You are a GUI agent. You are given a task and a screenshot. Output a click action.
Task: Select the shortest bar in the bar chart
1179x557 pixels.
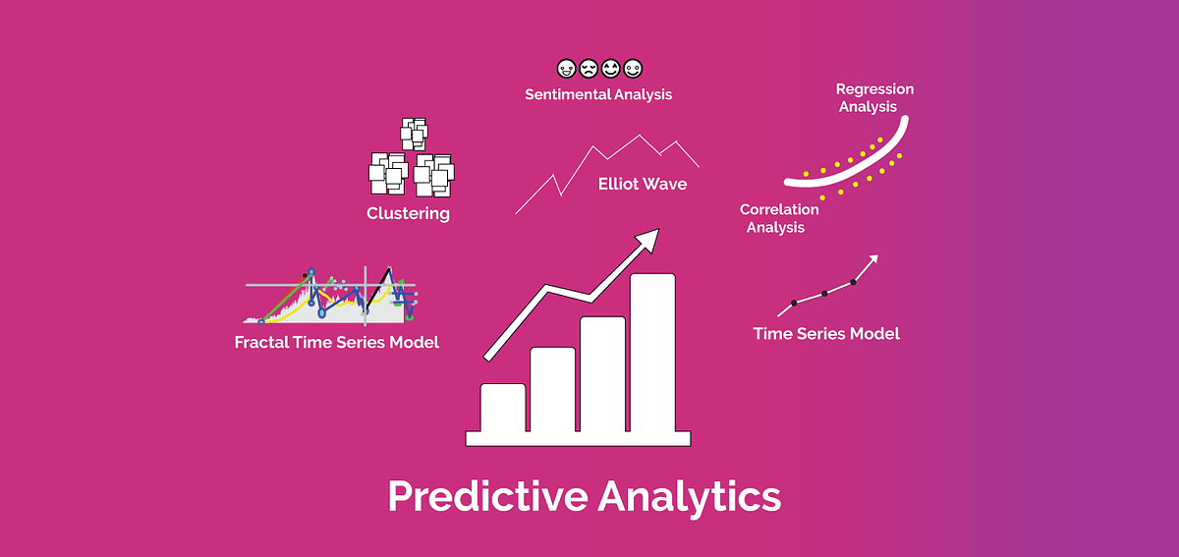click(x=502, y=407)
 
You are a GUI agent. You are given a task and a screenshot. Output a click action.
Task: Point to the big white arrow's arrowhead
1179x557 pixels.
click(x=647, y=238)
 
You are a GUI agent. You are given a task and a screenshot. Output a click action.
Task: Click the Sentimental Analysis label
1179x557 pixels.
click(x=598, y=95)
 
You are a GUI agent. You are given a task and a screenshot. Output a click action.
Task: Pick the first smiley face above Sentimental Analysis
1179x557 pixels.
click(x=565, y=69)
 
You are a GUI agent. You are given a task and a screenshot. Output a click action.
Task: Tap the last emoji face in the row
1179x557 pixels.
click(x=633, y=69)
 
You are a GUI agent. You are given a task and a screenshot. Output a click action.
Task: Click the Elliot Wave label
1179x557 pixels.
click(x=642, y=184)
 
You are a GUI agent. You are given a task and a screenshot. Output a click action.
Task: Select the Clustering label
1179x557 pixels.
click(x=408, y=213)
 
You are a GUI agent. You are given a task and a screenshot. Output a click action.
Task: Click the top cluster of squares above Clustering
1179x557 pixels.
click(x=414, y=134)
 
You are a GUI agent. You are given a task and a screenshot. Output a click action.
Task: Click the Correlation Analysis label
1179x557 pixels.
click(x=778, y=218)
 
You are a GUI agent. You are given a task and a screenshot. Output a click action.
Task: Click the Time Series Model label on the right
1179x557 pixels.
click(x=826, y=334)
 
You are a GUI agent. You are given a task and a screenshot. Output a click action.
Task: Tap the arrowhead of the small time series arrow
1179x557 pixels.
click(x=871, y=259)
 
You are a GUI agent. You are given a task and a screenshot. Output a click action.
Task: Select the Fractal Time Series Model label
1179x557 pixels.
click(x=337, y=343)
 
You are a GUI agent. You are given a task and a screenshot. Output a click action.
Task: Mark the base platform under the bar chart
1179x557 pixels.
click(x=579, y=438)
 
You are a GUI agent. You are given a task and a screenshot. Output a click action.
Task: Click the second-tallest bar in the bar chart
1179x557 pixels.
click(x=602, y=373)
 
